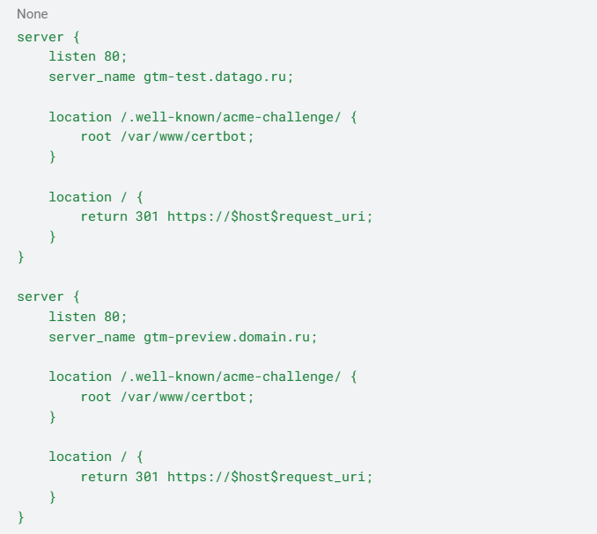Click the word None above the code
point(33,14)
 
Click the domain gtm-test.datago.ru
point(215,77)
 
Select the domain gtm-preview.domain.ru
point(226,337)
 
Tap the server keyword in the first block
point(41,37)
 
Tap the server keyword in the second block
point(41,296)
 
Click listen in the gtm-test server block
point(72,56)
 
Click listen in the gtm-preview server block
point(72,317)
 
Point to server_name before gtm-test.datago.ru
point(92,77)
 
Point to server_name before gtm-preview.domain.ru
point(92,337)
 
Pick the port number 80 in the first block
point(112,56)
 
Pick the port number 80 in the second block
point(112,317)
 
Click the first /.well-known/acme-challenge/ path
point(231,117)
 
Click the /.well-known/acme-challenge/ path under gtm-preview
point(231,377)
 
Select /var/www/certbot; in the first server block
point(187,136)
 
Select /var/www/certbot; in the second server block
point(187,397)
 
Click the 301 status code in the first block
point(146,216)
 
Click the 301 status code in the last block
point(146,477)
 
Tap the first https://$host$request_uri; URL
point(269,216)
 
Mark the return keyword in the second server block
point(104,477)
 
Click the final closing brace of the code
point(21,517)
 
